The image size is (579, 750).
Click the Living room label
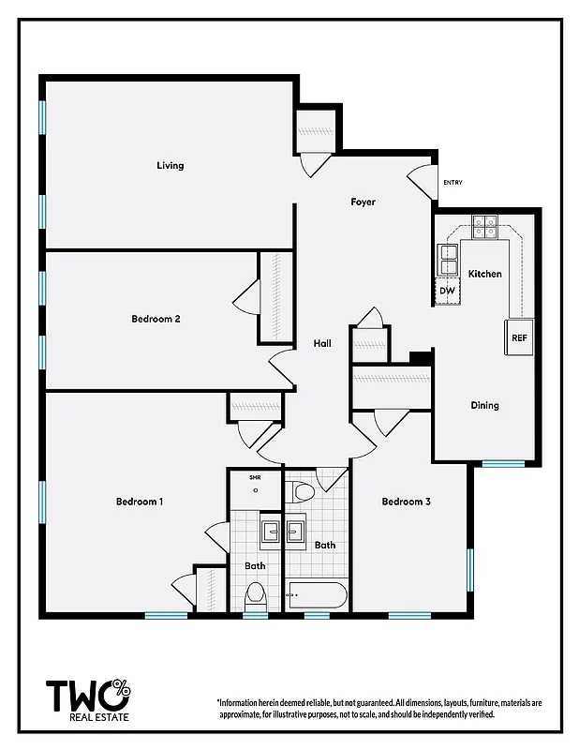pos(171,166)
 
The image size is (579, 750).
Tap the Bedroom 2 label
pos(156,319)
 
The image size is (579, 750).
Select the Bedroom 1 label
pos(140,502)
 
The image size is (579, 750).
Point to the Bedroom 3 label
pos(406,502)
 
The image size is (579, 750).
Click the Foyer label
pos(364,202)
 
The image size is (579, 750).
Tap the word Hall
pos(322,344)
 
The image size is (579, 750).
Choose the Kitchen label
pos(485,274)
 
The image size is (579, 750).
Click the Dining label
pos(484,406)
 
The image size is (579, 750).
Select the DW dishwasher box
pos(447,292)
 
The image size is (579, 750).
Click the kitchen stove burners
pos(484,225)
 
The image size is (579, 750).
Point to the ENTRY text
pos(453,183)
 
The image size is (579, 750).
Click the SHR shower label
pos(255,478)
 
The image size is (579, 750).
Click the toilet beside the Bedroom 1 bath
pos(255,595)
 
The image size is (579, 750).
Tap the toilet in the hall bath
pos(304,492)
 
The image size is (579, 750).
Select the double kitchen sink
pos(447,259)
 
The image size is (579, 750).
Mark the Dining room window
pos(503,463)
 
